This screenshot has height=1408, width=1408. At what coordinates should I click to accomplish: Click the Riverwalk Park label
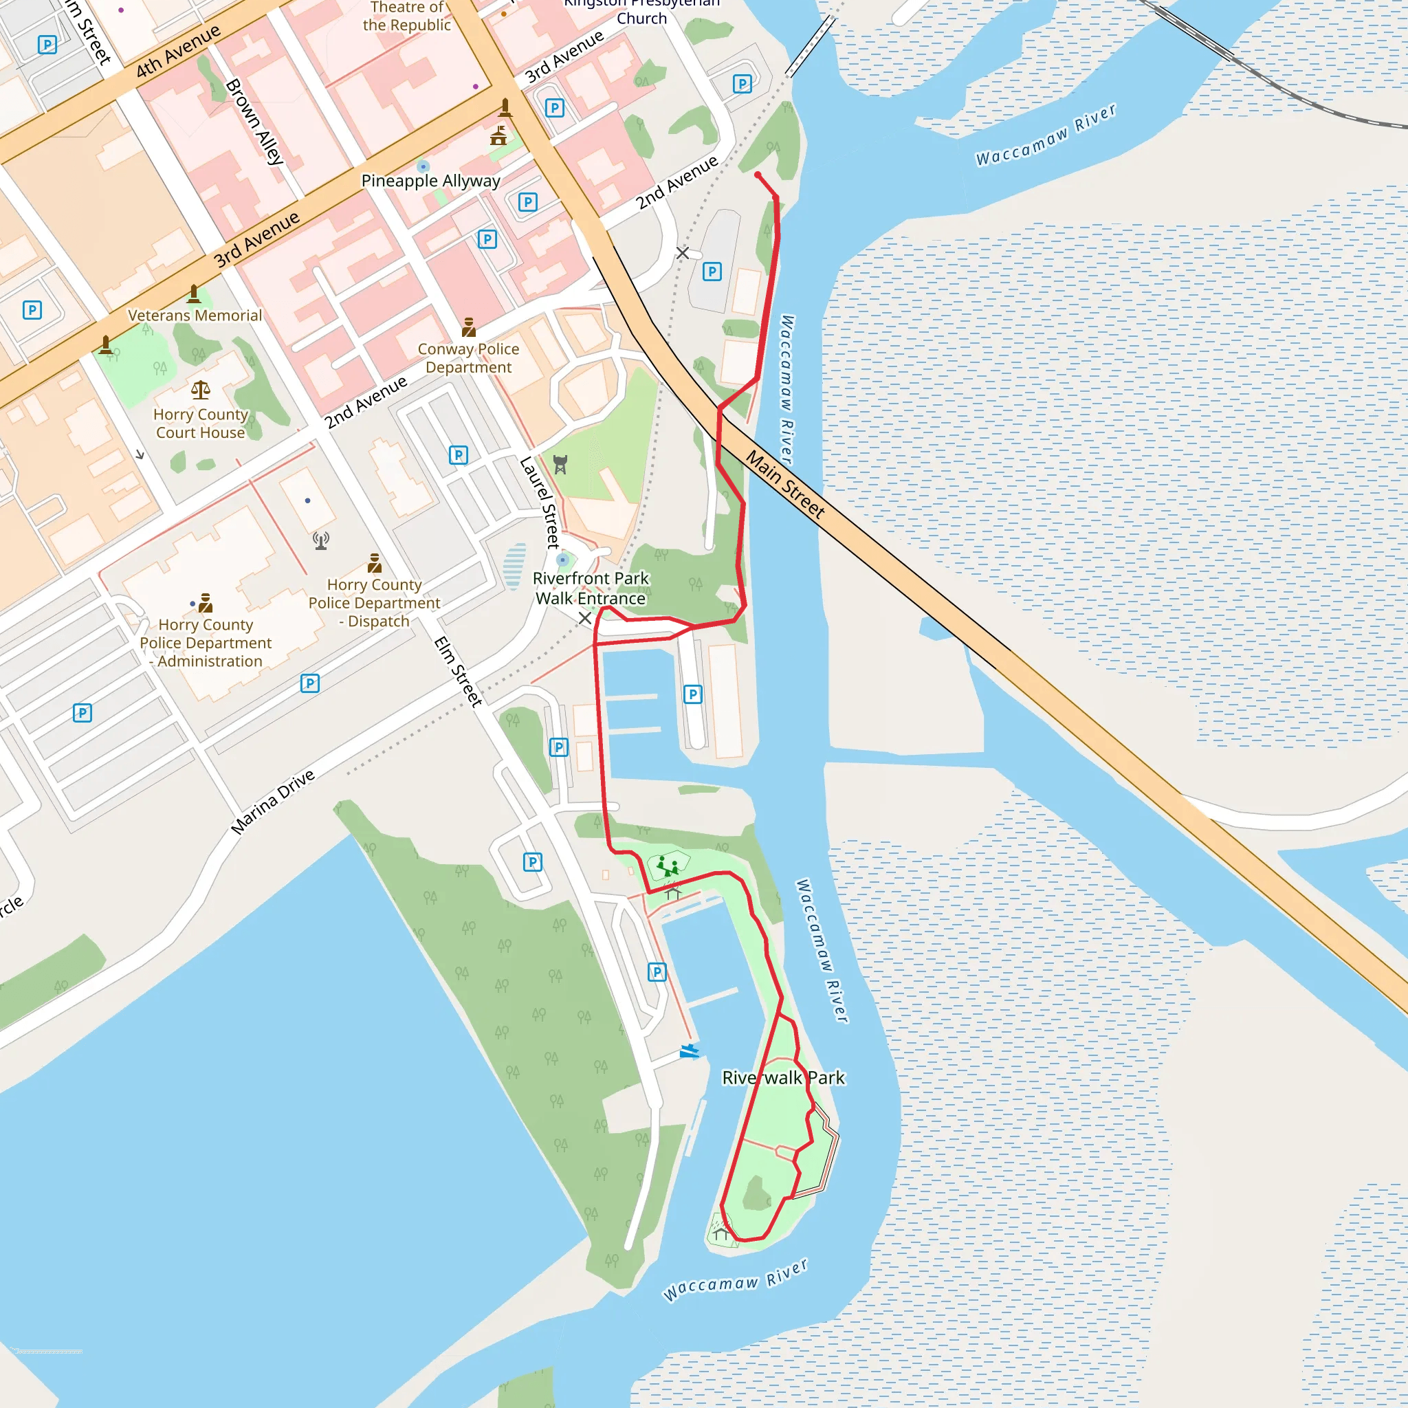pos(784,1078)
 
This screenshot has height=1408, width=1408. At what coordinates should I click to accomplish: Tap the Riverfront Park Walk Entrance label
pos(591,588)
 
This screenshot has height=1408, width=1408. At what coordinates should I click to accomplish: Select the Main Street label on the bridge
pos(786,485)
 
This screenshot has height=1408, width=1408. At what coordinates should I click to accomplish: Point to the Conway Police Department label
pos(469,357)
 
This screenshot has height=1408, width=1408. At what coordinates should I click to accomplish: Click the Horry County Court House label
pos(201,423)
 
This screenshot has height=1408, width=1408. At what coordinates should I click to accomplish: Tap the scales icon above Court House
pos(201,390)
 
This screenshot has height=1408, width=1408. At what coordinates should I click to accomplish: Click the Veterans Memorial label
pos(195,316)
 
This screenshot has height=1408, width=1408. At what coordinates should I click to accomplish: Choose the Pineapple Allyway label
pos(430,181)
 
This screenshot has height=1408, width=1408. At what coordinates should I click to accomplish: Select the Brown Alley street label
pos(254,122)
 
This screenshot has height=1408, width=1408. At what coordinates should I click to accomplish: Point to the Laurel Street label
pos(540,502)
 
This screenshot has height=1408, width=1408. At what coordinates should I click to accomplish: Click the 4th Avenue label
pos(178,51)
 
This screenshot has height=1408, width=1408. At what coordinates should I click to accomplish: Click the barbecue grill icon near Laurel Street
pos(560,464)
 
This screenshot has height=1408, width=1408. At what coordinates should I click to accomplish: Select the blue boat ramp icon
pos(690,1051)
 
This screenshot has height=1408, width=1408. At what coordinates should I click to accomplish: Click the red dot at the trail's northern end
pos(758,175)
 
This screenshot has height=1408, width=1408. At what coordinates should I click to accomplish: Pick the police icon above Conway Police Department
pos(469,327)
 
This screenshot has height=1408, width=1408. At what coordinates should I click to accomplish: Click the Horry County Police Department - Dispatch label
pos(374,603)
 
